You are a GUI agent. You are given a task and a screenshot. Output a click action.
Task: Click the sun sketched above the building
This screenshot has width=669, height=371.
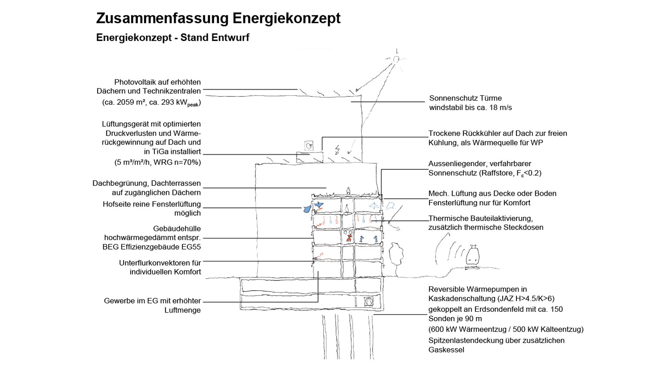tap(396, 59)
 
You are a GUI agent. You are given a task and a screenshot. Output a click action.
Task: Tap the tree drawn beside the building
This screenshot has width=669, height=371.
tap(396, 252)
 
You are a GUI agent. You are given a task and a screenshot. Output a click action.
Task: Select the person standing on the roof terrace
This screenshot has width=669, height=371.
tap(348, 191)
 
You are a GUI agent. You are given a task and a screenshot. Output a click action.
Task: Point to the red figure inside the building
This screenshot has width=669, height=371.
tap(349, 238)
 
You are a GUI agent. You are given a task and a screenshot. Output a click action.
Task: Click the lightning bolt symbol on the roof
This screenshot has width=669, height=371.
tap(337, 150)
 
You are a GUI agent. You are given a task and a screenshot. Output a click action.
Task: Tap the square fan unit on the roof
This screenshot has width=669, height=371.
tap(309, 145)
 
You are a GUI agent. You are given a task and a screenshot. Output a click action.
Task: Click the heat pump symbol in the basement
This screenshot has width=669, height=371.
tap(369, 301)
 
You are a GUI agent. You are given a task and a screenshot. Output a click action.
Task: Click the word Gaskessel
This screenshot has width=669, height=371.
tap(446, 350)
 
